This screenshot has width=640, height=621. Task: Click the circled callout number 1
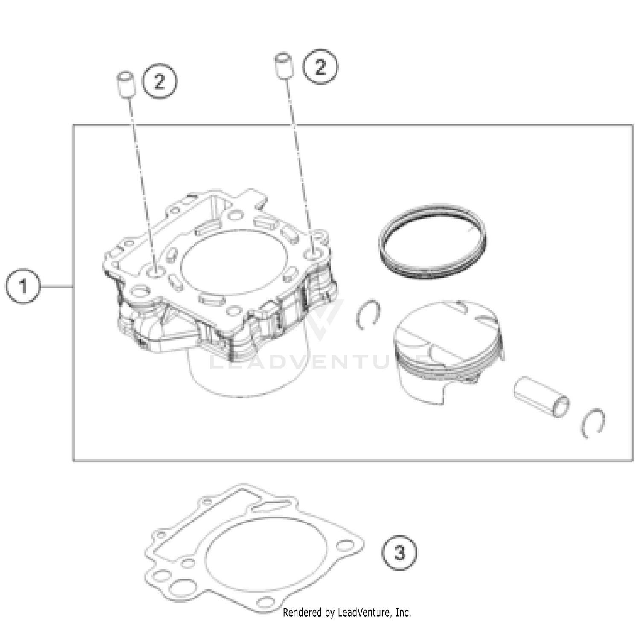[x=23, y=286]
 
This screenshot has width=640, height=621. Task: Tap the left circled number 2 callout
[x=159, y=81]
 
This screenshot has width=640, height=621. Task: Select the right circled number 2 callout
[x=320, y=67]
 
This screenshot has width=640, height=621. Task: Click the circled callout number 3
[x=399, y=553]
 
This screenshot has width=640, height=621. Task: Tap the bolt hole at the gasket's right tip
[x=344, y=546]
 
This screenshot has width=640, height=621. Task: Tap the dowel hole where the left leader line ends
[x=154, y=271]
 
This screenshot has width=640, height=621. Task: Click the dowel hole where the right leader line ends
[x=314, y=255]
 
